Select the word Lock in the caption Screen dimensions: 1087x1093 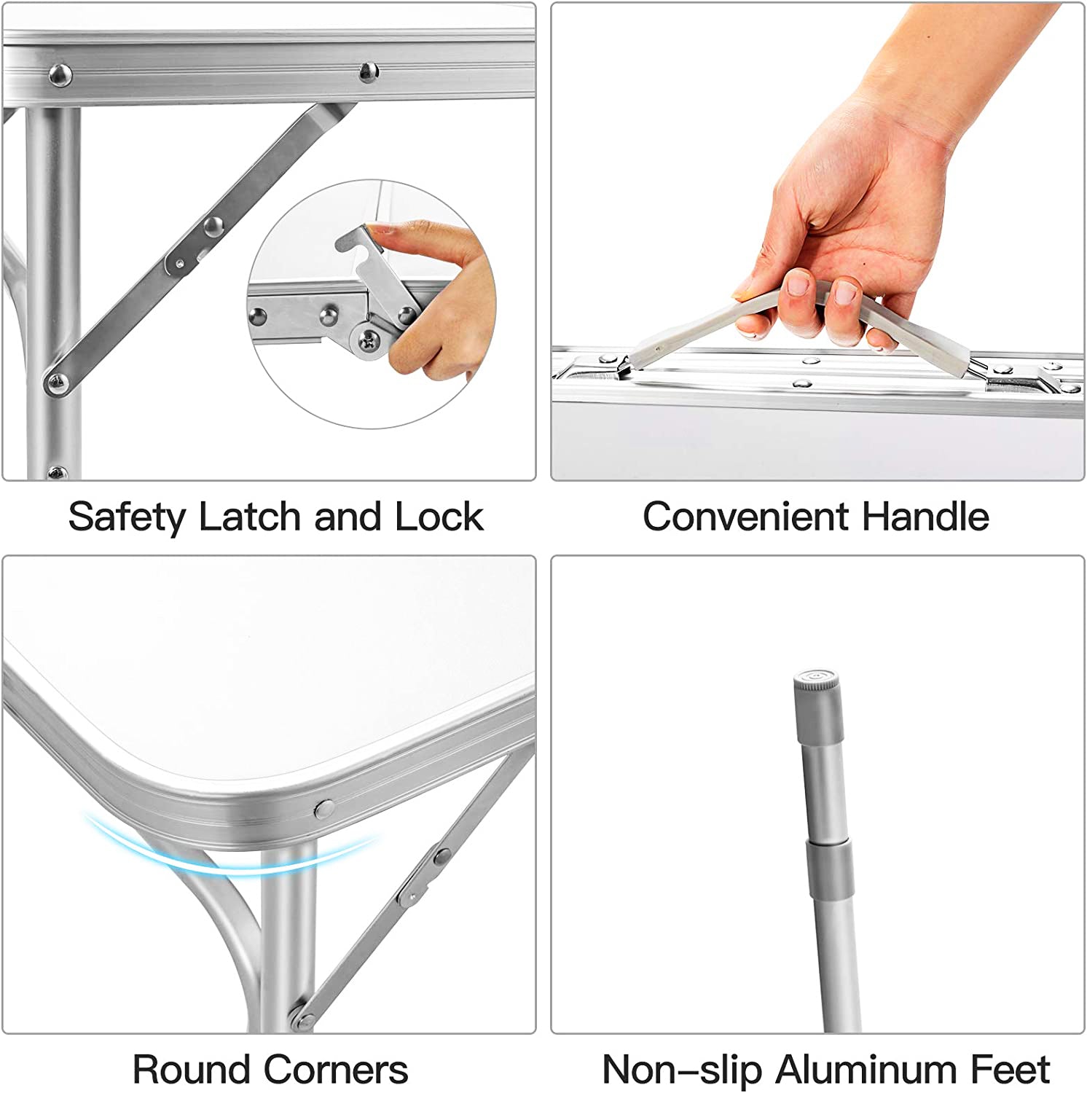click(439, 517)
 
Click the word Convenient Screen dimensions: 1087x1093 click(745, 517)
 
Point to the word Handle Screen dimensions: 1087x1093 click(925, 517)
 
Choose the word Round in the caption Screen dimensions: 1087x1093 click(192, 1070)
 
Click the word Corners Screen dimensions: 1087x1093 click(336, 1070)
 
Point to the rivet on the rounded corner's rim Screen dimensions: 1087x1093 click(323, 807)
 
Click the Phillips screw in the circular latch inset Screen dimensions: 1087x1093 click(370, 339)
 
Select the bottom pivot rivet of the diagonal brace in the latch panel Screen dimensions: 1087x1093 click(56, 382)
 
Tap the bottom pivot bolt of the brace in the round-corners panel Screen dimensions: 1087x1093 click(297, 1015)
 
